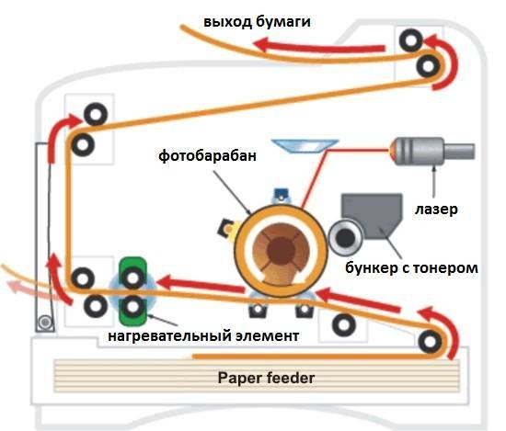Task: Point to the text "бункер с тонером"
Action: (x=411, y=268)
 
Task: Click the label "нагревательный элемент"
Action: (x=203, y=336)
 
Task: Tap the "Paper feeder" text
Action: (x=265, y=377)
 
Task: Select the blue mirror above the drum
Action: (x=305, y=143)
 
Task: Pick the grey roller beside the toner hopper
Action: (x=345, y=238)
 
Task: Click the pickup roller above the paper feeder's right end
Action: (x=428, y=342)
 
